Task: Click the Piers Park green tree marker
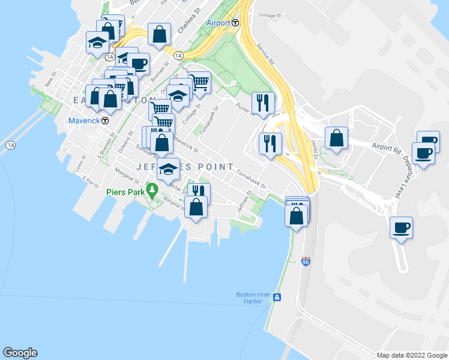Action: click(152, 191)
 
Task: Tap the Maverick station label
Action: click(84, 120)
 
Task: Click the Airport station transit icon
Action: click(235, 23)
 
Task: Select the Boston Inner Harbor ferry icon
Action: click(277, 298)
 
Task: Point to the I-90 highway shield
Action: click(306, 262)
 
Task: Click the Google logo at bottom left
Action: click(20, 353)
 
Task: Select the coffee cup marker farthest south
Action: click(401, 227)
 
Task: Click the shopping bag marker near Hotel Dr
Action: click(336, 138)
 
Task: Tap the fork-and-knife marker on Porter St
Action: click(263, 103)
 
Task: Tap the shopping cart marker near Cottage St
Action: click(199, 82)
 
